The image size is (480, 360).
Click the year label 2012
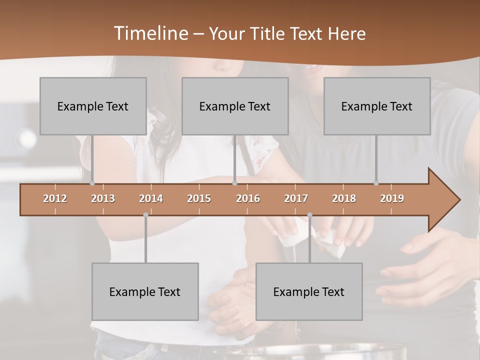coord(55,198)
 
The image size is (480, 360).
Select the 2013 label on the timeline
coord(103,198)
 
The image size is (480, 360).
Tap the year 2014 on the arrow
coord(151,198)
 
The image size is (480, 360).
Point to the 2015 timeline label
coord(199,198)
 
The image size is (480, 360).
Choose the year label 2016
coord(248,198)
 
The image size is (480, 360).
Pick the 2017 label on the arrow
coord(296,198)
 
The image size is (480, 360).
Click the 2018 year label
coord(344,198)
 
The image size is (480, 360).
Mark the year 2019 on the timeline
coord(392,198)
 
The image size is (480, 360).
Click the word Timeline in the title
coord(149,33)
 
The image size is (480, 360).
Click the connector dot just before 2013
coord(92,183)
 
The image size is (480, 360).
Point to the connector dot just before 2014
coord(145,215)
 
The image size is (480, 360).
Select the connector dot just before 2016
coord(234,183)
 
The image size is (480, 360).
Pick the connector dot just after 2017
coord(309,215)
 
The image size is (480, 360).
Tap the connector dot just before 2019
coord(376,183)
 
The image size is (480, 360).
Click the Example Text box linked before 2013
coord(93,106)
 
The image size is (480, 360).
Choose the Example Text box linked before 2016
coord(235,106)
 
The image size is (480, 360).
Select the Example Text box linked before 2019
coord(377,106)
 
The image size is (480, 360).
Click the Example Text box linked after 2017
coord(309,291)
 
